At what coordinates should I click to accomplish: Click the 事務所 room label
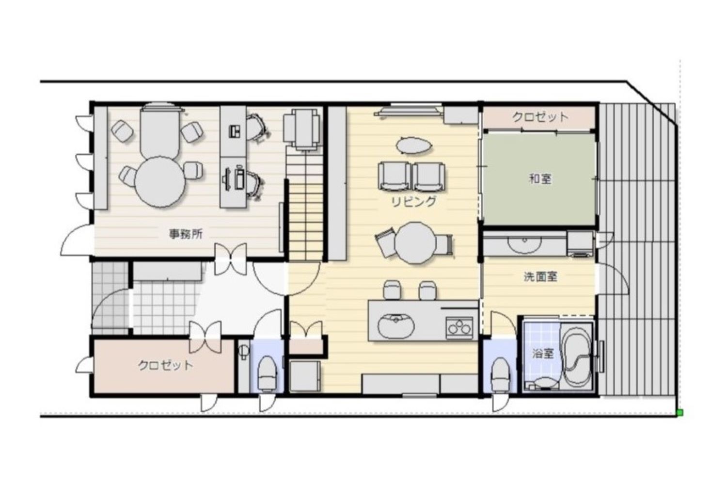pyautogui.click(x=186, y=234)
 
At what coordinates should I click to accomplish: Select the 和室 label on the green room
pyautogui.click(x=540, y=178)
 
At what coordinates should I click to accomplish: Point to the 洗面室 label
pyautogui.click(x=540, y=277)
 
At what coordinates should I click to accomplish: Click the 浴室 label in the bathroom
pyautogui.click(x=543, y=354)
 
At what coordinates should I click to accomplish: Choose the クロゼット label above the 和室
pyautogui.click(x=540, y=117)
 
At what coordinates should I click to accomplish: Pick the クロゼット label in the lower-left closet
pyautogui.click(x=166, y=365)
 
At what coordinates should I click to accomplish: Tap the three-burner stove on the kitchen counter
pyautogui.click(x=459, y=327)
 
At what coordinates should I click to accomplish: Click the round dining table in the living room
pyautogui.click(x=415, y=242)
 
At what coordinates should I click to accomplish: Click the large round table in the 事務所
pyautogui.click(x=160, y=182)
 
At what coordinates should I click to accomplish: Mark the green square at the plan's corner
pyautogui.click(x=680, y=413)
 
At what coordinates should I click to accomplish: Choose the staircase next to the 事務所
pyautogui.click(x=304, y=203)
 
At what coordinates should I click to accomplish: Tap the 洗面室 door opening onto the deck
pyautogui.click(x=612, y=280)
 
